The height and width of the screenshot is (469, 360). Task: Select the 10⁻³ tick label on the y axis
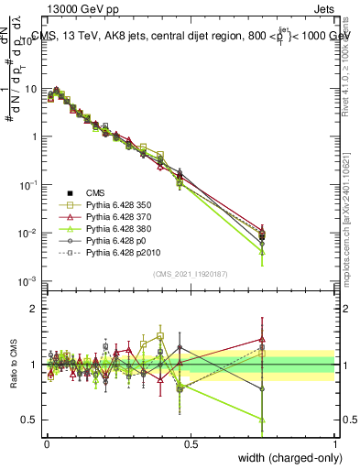click(28, 281)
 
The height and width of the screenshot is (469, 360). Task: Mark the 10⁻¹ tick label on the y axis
click(28, 185)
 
